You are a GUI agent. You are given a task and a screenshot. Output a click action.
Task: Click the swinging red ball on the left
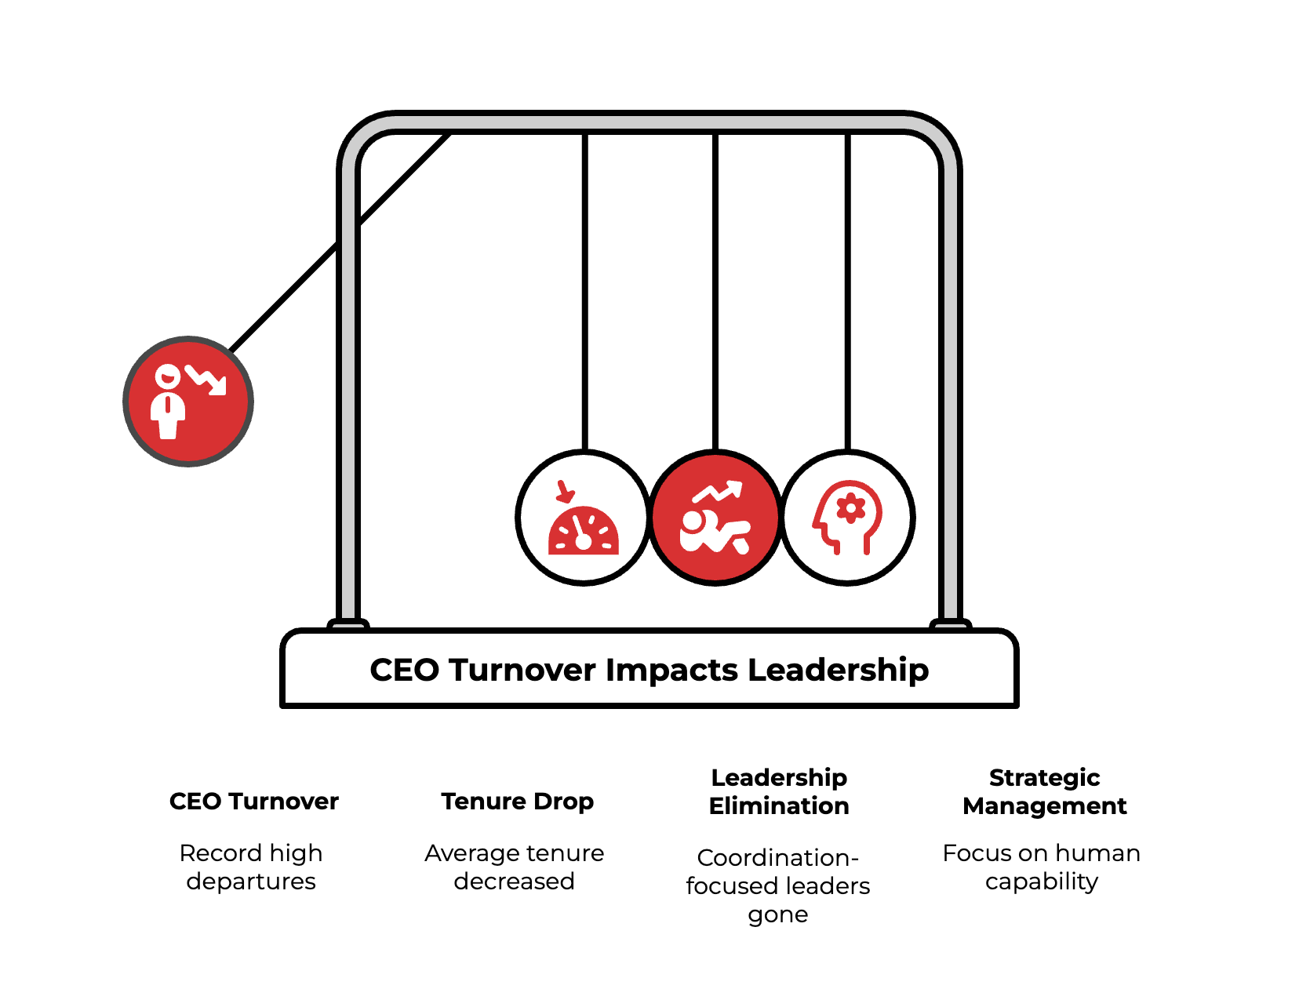(x=188, y=402)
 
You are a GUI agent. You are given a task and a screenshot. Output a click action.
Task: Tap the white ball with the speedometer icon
(x=584, y=518)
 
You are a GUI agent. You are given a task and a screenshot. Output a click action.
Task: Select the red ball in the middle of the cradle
(x=715, y=518)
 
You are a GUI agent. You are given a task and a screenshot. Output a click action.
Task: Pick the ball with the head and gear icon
(x=848, y=518)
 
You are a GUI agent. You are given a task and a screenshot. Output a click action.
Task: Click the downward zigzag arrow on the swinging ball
(x=207, y=380)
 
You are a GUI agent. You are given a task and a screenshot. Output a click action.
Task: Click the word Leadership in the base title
(x=838, y=671)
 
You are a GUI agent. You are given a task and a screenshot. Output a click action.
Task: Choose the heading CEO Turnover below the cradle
(x=254, y=802)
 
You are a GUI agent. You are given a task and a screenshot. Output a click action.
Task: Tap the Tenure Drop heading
(x=518, y=802)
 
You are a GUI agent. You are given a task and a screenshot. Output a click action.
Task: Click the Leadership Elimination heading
(x=779, y=791)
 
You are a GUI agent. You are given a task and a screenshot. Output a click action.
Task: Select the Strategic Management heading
(x=1044, y=791)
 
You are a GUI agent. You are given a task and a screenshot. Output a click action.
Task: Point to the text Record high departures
(x=251, y=867)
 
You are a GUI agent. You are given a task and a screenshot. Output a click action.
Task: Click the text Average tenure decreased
(x=515, y=867)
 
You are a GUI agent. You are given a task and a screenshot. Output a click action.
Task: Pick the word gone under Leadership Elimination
(x=777, y=914)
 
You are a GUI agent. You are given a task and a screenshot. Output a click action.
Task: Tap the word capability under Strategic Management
(x=1042, y=882)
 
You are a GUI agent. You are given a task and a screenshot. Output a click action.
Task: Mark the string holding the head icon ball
(x=848, y=290)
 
